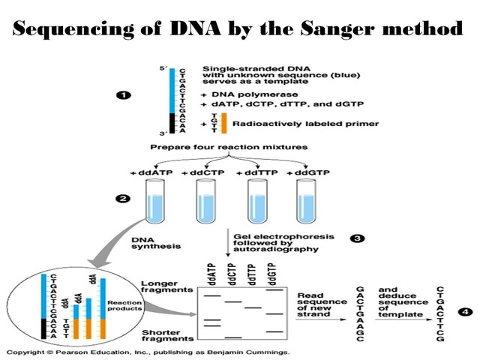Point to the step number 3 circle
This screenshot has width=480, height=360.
[x=358, y=238]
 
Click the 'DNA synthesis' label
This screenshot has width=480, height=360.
[x=153, y=242]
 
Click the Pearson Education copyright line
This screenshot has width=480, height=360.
[x=148, y=351]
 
